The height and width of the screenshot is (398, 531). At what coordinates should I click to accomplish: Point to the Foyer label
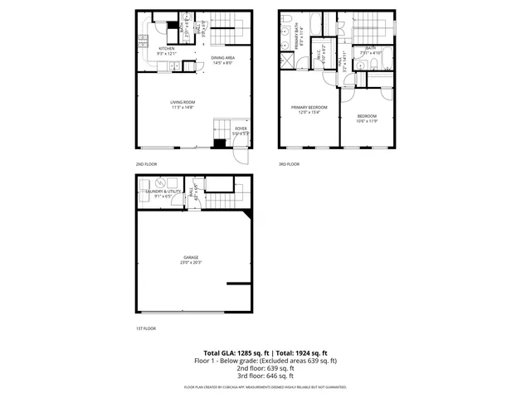point(241,129)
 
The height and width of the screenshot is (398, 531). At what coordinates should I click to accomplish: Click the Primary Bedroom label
point(309,107)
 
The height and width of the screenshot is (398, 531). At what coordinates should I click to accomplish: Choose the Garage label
point(191,258)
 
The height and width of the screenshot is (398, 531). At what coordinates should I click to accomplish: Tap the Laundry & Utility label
point(163,192)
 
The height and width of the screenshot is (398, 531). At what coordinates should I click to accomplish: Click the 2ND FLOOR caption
point(146,164)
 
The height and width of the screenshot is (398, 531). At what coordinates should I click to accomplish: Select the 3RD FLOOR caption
point(289,164)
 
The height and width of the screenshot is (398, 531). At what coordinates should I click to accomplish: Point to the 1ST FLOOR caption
point(146,328)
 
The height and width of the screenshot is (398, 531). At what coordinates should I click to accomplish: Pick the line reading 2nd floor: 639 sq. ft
point(265,368)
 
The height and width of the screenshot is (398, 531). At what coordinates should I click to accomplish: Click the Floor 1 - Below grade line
point(265,361)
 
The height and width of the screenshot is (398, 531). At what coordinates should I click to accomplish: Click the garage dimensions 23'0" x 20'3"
point(191,263)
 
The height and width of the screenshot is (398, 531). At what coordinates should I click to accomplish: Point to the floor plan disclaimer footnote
point(265,387)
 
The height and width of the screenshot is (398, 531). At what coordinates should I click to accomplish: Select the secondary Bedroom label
point(367,115)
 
